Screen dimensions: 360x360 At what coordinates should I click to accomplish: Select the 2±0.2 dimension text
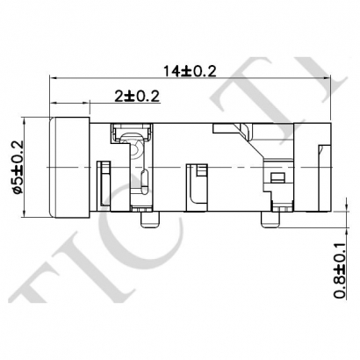tap(135, 96)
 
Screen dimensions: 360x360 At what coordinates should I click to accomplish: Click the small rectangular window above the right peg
tap(279, 179)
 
